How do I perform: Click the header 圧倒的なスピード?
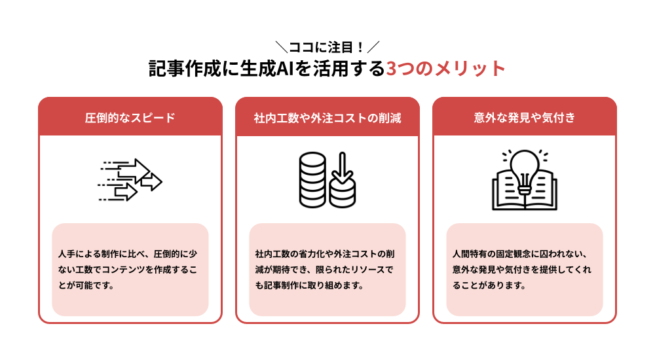130,118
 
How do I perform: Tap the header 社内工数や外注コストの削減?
327,118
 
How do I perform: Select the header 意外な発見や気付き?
524,118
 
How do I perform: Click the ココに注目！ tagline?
327,47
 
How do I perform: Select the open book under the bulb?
524,193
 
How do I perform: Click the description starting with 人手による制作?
130,270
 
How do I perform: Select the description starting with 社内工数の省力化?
327,270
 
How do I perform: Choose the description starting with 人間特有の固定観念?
524,270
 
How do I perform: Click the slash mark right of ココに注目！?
374,47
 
